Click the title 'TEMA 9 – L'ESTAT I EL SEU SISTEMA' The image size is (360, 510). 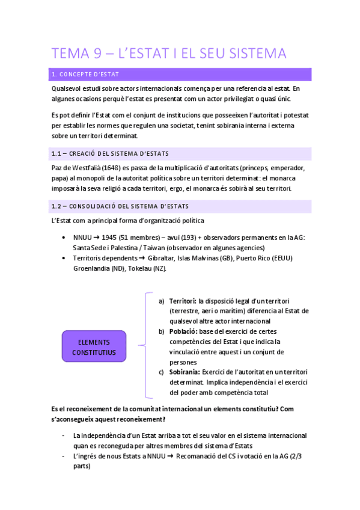[169, 54]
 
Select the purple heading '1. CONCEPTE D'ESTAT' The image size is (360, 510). [85, 75]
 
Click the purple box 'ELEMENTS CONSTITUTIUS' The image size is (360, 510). [94, 346]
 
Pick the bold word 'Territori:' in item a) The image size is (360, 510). [183, 301]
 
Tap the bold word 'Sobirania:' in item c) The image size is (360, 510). [185, 372]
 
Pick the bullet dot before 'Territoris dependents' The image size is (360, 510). [64, 258]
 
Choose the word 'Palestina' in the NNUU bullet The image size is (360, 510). [119, 248]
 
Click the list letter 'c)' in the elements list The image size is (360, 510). [161, 372]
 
